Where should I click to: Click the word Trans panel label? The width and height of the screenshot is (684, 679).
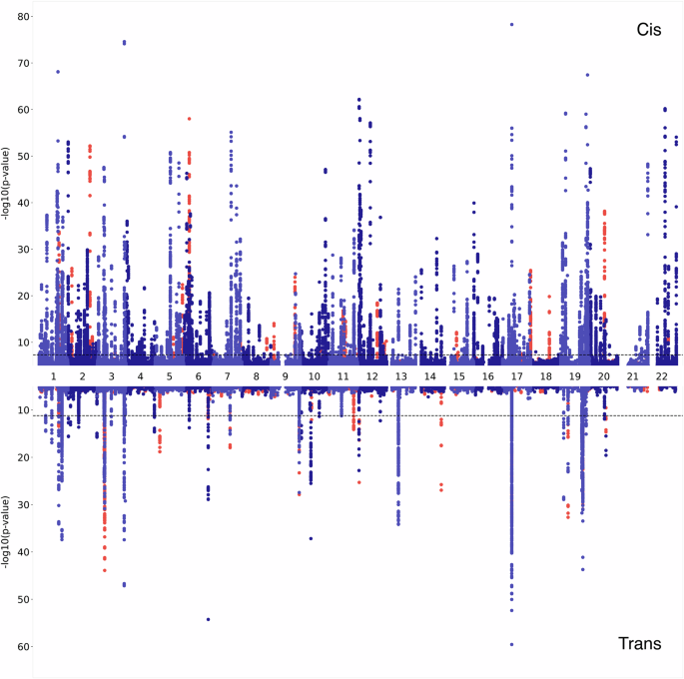pyautogui.click(x=640, y=644)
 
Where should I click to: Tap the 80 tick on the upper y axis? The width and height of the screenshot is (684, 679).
pyautogui.click(x=25, y=15)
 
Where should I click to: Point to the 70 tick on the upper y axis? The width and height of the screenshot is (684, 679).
pyautogui.click(x=25, y=62)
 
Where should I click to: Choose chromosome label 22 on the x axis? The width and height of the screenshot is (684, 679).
pyautogui.click(x=661, y=375)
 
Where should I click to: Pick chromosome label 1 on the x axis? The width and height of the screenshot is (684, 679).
pyautogui.click(x=53, y=375)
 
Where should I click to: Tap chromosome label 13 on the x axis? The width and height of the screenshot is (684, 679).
pyautogui.click(x=400, y=375)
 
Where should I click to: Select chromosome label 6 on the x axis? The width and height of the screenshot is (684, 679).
pyautogui.click(x=198, y=375)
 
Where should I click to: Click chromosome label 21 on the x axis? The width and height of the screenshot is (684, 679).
pyautogui.click(x=632, y=375)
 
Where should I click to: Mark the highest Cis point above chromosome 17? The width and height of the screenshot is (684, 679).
pyautogui.click(x=511, y=25)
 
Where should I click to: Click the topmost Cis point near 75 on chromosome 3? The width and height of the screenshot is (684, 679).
pyautogui.click(x=124, y=42)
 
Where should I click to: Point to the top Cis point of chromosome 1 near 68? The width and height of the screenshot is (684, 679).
pyautogui.click(x=58, y=72)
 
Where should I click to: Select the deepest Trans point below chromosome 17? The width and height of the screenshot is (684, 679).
pyautogui.click(x=511, y=644)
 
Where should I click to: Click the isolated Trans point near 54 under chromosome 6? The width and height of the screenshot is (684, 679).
pyautogui.click(x=209, y=619)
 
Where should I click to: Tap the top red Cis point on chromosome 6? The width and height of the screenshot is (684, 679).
pyautogui.click(x=189, y=119)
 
